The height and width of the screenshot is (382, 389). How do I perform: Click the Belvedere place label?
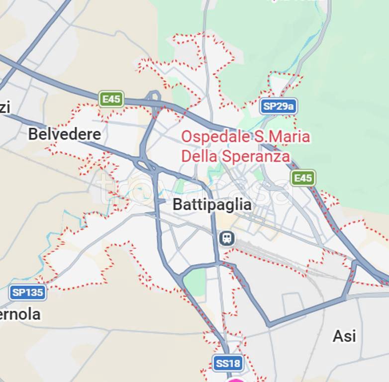(x=64, y=134)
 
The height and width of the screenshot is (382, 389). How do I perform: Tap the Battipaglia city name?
(x=212, y=204)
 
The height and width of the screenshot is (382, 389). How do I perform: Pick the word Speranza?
(x=256, y=156)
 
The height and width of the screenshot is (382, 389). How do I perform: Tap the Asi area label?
(x=344, y=336)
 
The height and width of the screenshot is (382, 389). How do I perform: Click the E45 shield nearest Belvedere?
(x=111, y=99)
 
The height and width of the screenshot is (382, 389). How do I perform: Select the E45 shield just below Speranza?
(x=303, y=178)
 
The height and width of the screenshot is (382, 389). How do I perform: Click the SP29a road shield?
(x=278, y=106)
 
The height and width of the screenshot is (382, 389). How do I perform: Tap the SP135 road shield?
(x=28, y=292)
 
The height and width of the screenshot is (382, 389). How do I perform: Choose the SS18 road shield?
(x=228, y=363)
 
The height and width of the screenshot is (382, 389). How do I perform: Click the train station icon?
(x=226, y=238)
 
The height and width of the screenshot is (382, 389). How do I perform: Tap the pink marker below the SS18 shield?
(x=237, y=380)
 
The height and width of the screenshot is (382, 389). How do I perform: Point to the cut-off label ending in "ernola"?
(x=20, y=314)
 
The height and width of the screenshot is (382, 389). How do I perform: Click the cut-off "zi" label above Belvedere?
(x=5, y=106)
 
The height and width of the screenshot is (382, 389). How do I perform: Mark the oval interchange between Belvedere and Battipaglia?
(x=145, y=164)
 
